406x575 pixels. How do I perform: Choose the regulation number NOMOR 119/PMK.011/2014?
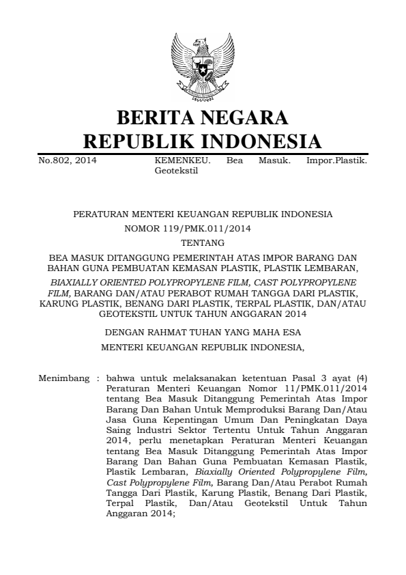[x=203, y=228]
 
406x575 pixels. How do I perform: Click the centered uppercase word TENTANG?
[x=203, y=242]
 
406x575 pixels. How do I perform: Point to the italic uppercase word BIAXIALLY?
[x=75, y=281]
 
